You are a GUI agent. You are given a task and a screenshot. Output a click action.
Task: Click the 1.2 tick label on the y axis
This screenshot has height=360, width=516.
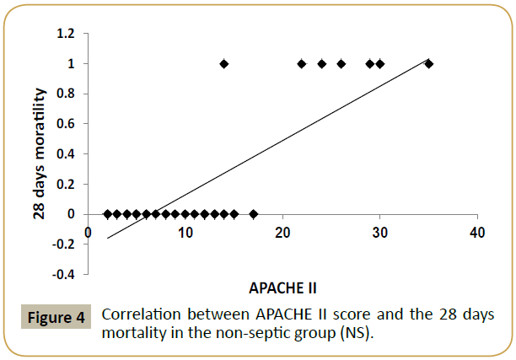[65, 33]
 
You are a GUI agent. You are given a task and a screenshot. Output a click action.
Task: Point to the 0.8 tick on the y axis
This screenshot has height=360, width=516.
[65, 94]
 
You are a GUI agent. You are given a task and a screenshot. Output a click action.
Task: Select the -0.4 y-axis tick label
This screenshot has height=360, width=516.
[63, 274]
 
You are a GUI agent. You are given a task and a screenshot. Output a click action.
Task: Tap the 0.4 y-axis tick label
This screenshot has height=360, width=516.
[65, 153]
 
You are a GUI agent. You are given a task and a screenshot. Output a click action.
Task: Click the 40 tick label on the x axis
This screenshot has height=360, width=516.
[476, 233]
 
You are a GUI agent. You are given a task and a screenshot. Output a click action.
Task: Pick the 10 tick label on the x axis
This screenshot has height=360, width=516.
[185, 233]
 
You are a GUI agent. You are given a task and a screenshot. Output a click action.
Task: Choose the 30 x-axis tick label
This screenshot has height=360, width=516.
[379, 233]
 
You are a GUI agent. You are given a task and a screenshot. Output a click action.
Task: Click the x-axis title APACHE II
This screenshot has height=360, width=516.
[282, 287]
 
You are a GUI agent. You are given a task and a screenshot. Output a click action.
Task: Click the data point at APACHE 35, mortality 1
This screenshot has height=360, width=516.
[428, 63]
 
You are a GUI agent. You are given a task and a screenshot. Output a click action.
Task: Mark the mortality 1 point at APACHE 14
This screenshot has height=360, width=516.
[223, 63]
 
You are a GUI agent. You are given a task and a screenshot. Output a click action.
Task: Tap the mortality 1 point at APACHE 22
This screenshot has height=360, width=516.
[302, 63]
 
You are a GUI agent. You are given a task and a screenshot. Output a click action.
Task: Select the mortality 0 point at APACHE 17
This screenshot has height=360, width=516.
[253, 214]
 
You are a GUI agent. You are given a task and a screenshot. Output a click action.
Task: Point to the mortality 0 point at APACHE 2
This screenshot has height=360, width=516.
[107, 214]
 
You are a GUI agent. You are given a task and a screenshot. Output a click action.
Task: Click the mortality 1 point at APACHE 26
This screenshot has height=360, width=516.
[341, 63]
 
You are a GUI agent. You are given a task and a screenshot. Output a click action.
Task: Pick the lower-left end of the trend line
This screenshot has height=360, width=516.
[107, 239]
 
